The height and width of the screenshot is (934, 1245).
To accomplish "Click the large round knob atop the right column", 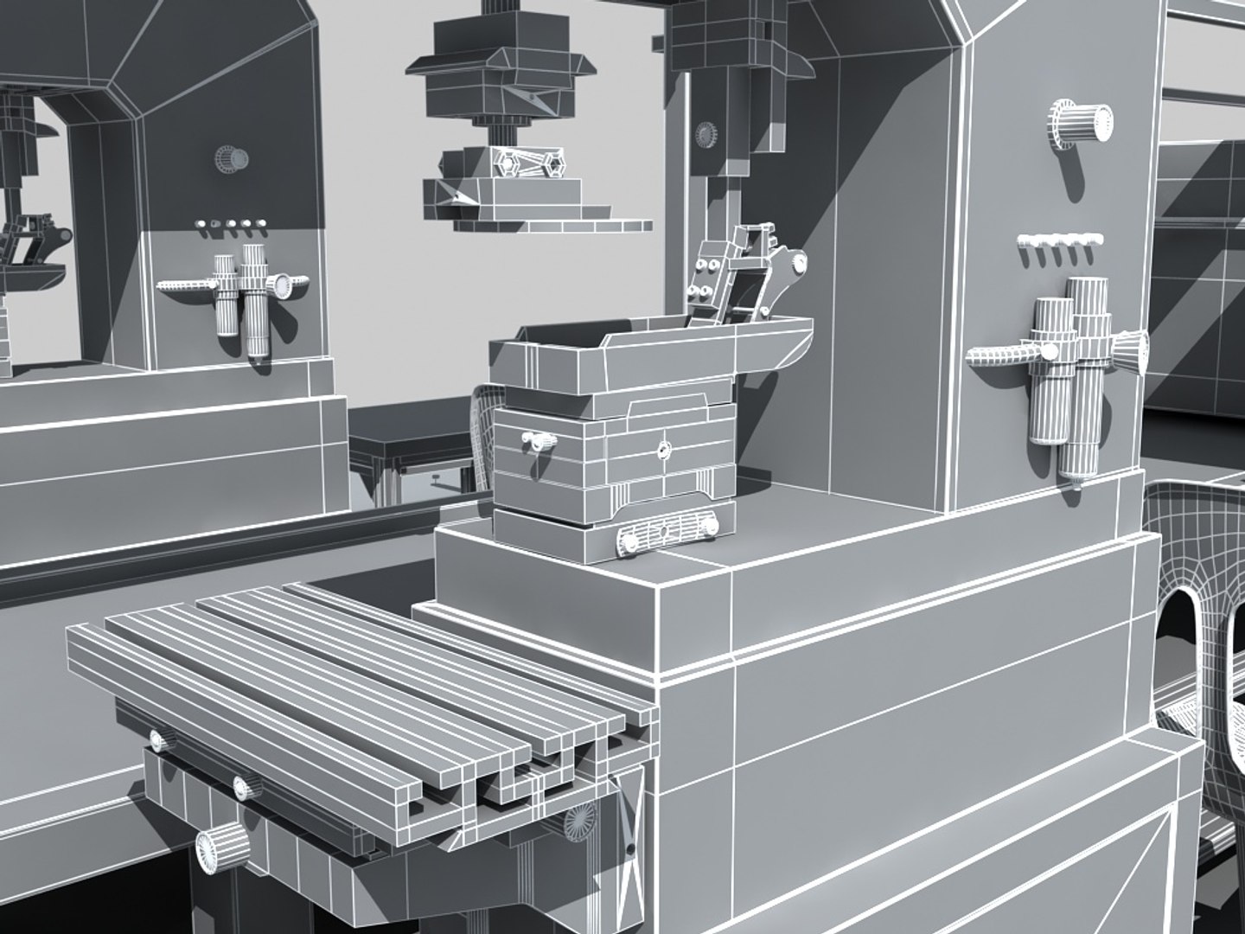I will pos(1081,121).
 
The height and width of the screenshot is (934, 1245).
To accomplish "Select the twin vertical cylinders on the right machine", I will pos(1072,372).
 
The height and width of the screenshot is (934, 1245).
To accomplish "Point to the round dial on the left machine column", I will pos(232,160).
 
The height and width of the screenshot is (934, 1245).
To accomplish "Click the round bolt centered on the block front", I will pos(664,449).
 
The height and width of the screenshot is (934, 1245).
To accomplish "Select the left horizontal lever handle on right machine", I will pos(1003,355).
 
